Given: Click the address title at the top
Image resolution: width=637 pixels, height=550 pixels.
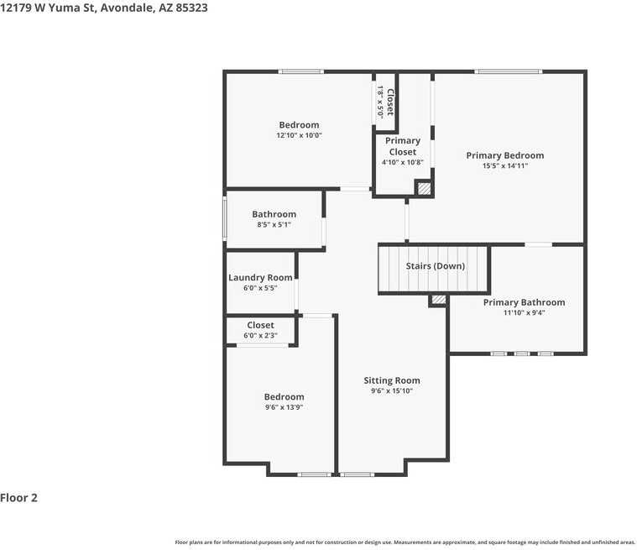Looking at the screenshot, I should (104, 8).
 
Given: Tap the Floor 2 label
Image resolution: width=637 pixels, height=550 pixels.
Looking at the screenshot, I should (19, 498).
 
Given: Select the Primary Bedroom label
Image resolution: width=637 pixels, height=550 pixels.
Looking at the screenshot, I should (504, 155).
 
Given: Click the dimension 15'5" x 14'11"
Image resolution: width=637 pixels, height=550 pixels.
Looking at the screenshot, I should (504, 166).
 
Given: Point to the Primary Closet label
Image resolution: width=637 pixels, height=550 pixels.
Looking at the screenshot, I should (403, 146).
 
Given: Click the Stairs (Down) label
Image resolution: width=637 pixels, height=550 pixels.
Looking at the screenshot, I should (435, 266).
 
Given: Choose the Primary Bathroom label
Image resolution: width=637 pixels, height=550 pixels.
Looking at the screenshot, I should (524, 302).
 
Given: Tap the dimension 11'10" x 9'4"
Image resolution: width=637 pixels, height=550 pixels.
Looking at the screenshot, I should (524, 313).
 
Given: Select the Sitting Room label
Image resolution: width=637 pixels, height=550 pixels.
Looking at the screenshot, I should (392, 380).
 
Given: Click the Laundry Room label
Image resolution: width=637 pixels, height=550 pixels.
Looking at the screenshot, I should (260, 278).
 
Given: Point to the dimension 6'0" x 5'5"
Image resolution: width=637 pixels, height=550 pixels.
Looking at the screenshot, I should (260, 288).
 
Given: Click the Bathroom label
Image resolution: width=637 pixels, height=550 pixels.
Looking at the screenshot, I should (274, 214).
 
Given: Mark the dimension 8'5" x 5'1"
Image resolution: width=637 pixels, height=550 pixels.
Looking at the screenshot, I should (274, 225).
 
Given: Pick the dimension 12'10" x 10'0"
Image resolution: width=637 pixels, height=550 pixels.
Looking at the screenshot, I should (299, 135).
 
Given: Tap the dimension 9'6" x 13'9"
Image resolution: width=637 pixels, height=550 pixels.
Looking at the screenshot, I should (284, 407).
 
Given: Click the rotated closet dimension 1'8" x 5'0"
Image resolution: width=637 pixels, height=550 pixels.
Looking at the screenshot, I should (381, 102).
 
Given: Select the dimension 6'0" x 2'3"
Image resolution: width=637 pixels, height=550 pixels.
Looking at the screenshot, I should (260, 336).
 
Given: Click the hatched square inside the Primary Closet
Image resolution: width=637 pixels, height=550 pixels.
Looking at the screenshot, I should (425, 189).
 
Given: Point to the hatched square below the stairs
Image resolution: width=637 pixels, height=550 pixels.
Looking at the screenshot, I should (437, 300).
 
